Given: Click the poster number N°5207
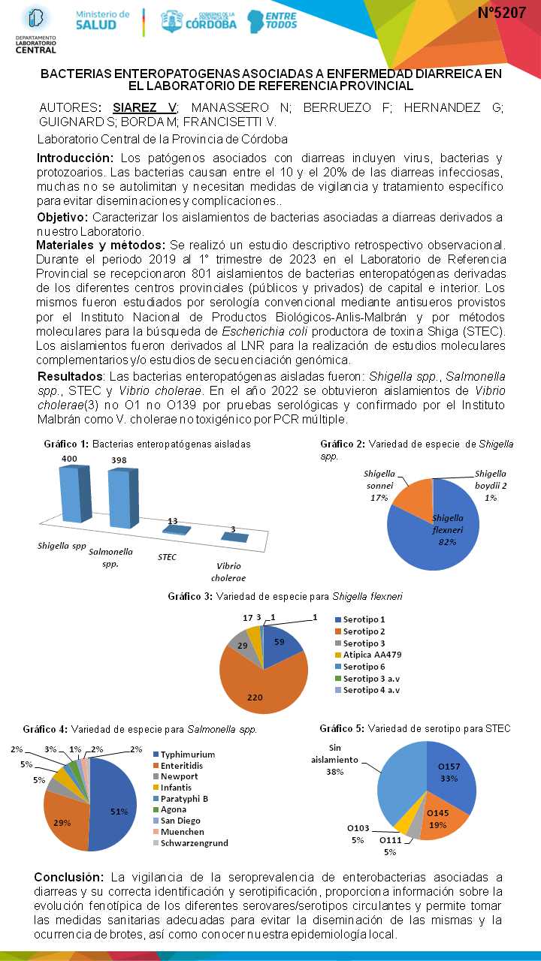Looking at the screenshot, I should (501, 13).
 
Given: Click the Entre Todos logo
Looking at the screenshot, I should (271, 20).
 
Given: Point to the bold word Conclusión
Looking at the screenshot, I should (68, 877).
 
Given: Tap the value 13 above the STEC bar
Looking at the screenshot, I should (173, 521).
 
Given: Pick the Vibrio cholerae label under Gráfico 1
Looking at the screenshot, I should (228, 572).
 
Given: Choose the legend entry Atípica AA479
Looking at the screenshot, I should (369, 654).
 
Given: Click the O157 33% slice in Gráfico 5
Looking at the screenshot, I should (451, 781).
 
